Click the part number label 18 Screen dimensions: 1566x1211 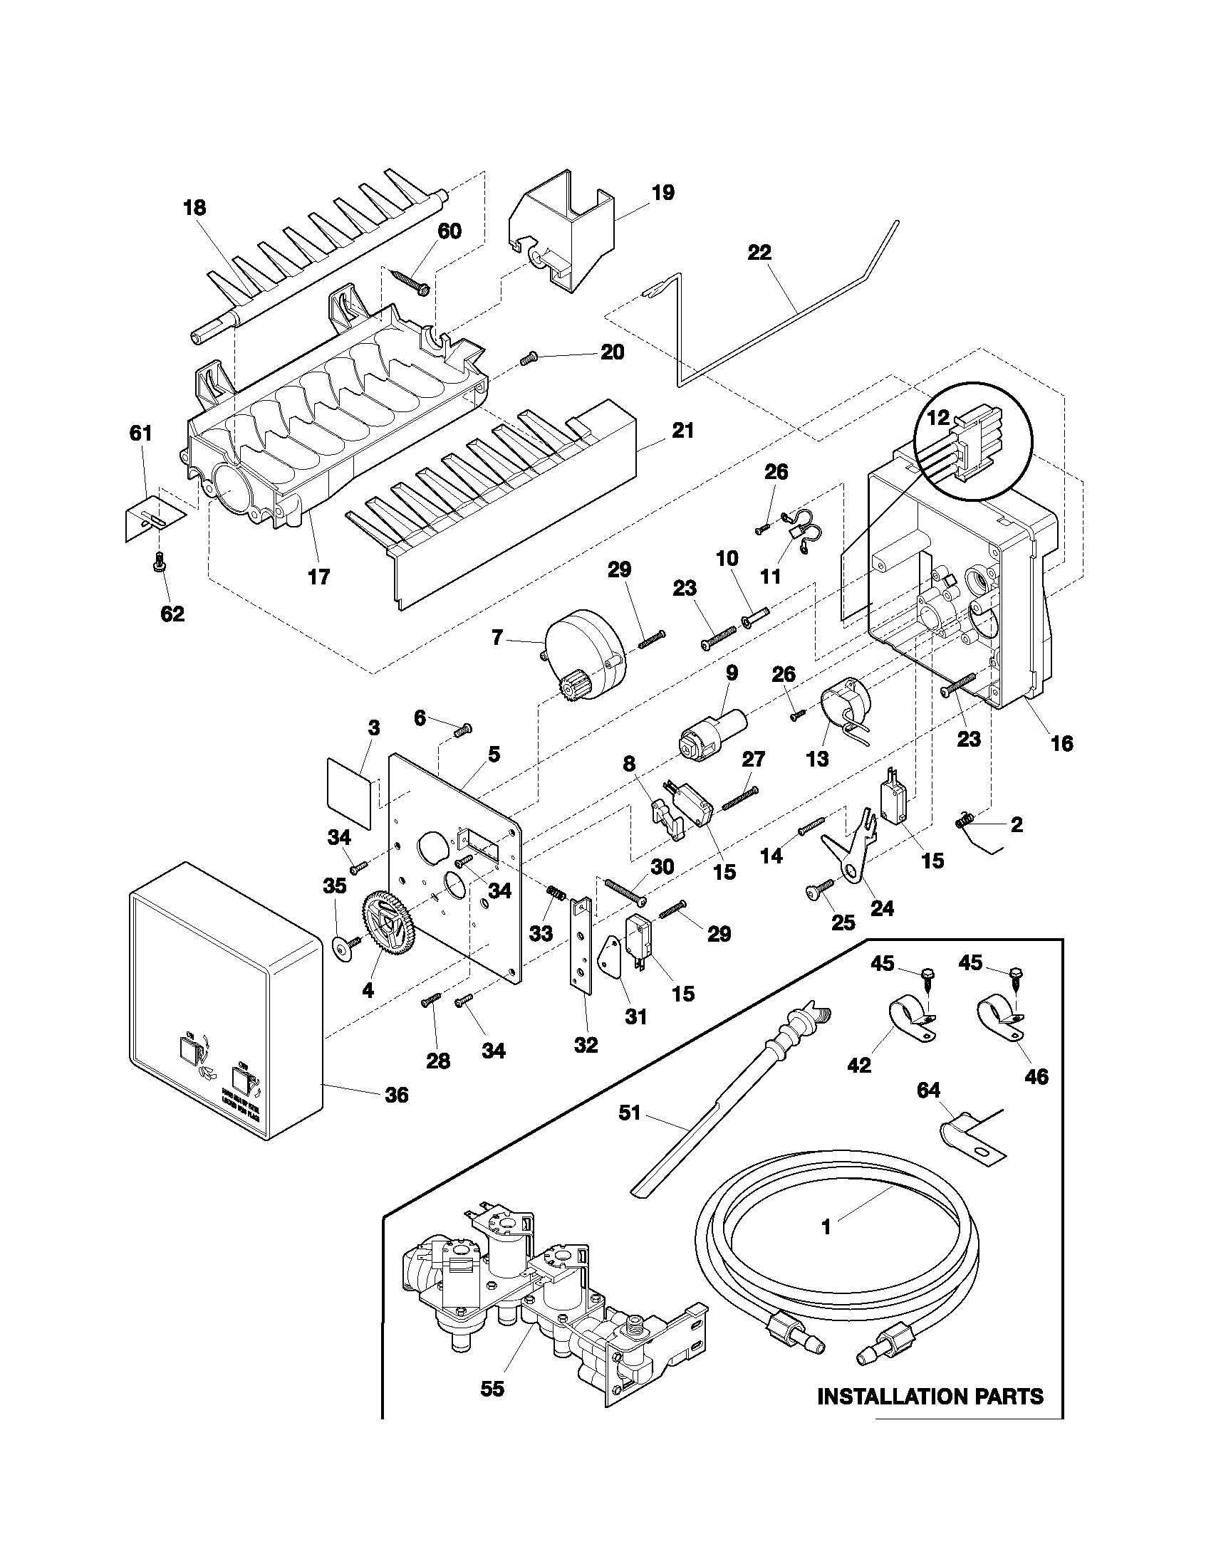click(x=194, y=208)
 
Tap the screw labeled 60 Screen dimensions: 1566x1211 click(x=411, y=281)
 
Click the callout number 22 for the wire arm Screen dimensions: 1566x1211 click(x=759, y=253)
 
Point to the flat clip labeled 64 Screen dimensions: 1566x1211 click(x=969, y=1141)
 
